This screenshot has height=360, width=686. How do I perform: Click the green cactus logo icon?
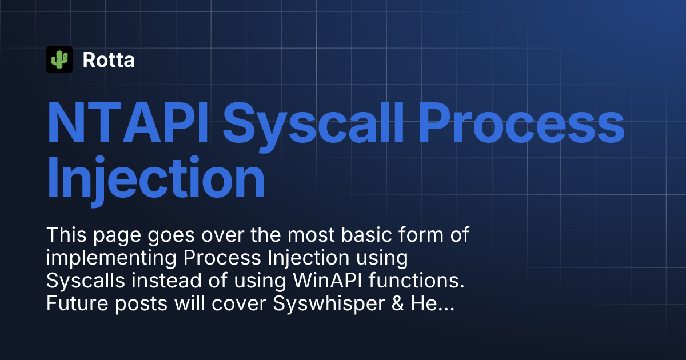coord(59,59)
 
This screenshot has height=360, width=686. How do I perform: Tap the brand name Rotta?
coord(109,59)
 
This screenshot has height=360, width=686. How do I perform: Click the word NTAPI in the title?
coord(128,123)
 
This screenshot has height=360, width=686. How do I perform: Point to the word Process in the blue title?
coord(521,123)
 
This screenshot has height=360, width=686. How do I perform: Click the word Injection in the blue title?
coord(156,181)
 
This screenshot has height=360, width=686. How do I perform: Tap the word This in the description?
coord(66,235)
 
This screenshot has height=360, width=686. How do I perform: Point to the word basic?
coord(366,235)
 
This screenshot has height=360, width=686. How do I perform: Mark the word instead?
coord(166,281)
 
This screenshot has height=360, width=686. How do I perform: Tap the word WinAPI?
coord(328,281)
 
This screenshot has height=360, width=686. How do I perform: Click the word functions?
coord(417,281)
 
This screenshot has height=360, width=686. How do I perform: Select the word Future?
coord(77,303)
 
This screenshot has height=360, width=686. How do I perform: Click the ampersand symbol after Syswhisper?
coord(397,303)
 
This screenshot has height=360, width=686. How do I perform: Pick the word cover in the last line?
coord(239,304)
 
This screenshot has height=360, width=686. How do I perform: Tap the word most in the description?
coord(311,235)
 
